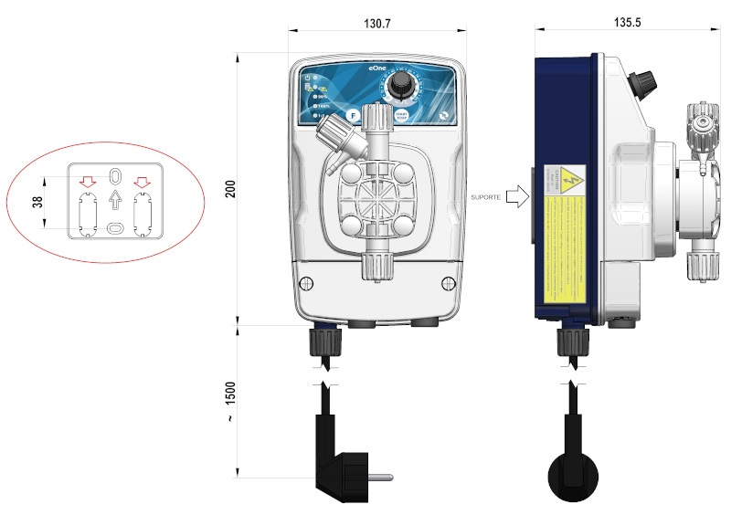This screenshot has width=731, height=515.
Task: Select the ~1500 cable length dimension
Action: point(229,401)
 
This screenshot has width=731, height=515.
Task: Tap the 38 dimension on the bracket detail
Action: point(37,202)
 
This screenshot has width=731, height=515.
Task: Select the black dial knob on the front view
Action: point(398,86)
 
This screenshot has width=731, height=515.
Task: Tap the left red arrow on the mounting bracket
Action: point(87,180)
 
